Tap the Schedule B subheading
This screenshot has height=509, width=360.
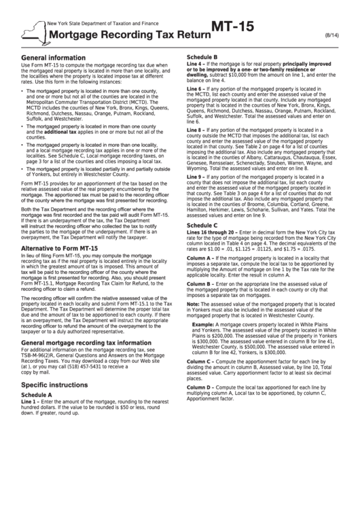(202, 57)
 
